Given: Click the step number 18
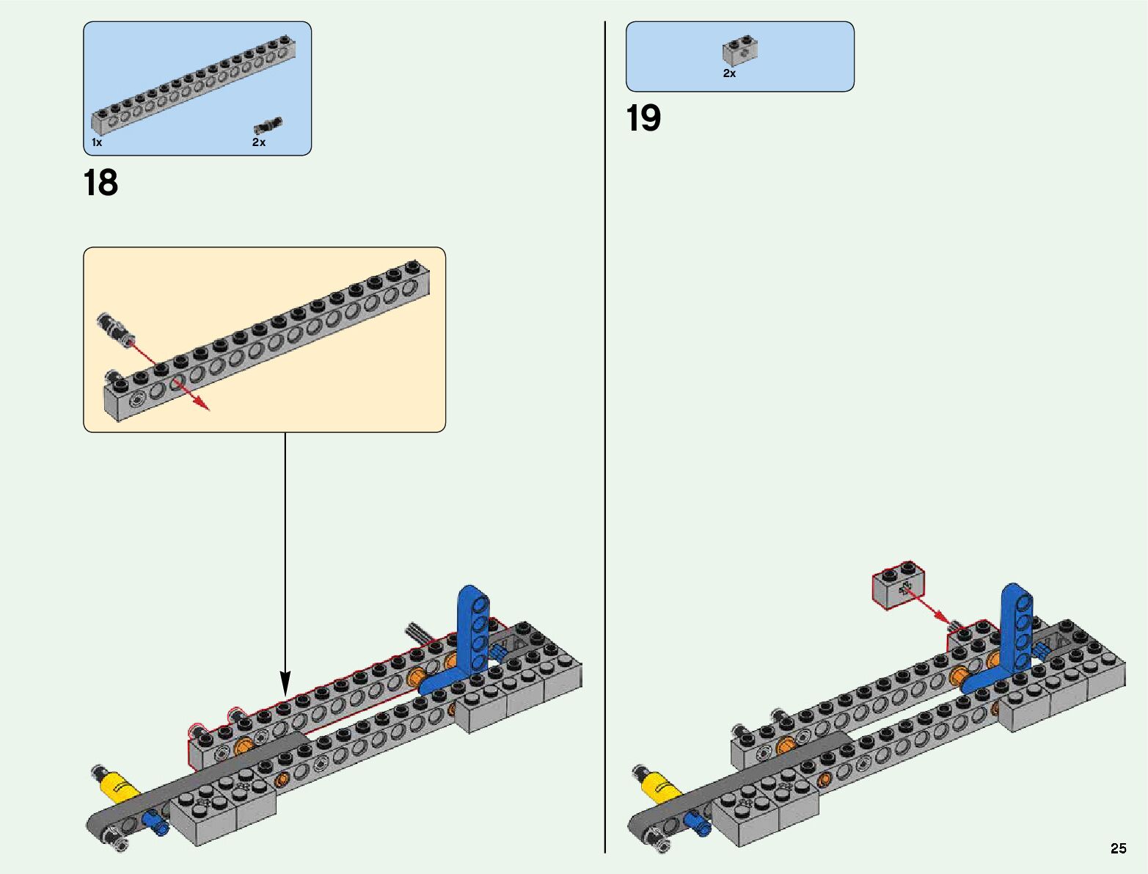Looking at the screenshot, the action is [x=100, y=183].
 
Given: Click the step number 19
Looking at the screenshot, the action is [x=643, y=118].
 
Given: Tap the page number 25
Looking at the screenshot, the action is [x=1118, y=848].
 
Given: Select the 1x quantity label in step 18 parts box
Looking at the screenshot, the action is [x=97, y=142].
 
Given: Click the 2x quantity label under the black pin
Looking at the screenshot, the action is [x=259, y=142].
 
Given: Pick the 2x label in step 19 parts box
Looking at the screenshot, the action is [x=729, y=73].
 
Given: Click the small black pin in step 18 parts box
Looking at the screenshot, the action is [x=268, y=125].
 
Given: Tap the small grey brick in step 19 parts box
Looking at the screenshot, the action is [x=739, y=50].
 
